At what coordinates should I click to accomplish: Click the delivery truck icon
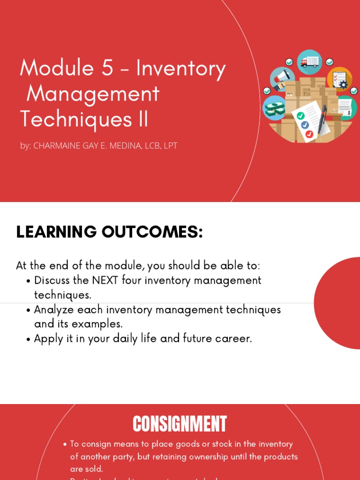click(309, 62)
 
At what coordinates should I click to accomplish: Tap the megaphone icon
click(282, 79)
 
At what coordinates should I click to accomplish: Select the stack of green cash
click(274, 109)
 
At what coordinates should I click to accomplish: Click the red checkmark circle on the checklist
click(309, 135)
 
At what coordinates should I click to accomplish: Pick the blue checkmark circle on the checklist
click(305, 125)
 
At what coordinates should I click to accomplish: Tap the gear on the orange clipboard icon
click(343, 85)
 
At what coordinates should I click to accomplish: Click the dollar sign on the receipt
click(348, 113)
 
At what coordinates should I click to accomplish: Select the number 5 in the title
click(107, 68)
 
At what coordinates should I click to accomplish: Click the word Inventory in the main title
click(181, 69)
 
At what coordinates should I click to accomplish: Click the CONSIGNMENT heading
click(180, 424)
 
